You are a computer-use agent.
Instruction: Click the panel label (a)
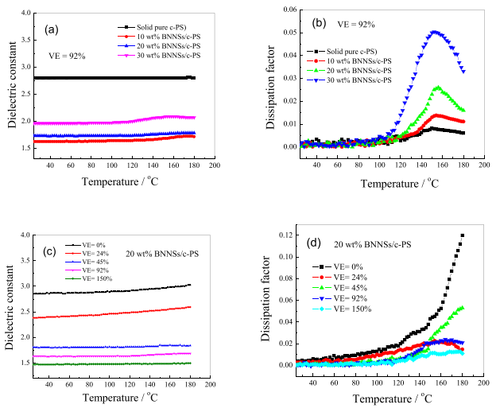point(51,29)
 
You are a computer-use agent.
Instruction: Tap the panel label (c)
point(51,253)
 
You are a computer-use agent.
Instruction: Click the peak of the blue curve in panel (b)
point(435,32)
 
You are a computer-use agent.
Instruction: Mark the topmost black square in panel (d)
point(463,235)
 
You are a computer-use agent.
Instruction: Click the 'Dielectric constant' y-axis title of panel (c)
point(10,301)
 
